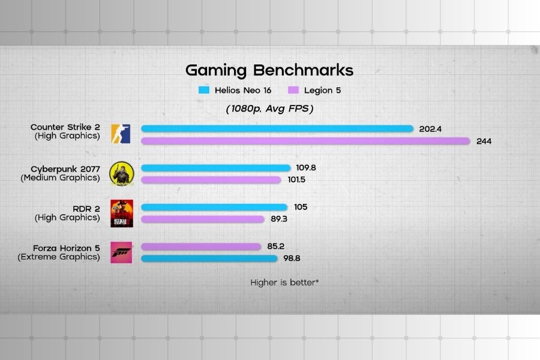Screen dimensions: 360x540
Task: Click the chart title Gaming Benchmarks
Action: (269, 70)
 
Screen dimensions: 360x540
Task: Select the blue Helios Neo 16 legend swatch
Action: (204, 91)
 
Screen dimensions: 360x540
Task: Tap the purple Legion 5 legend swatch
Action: (293, 91)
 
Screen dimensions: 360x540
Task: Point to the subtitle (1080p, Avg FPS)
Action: (269, 109)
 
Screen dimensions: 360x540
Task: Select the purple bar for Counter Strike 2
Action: (305, 141)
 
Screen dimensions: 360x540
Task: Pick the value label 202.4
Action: (431, 128)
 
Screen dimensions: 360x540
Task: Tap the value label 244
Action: (484, 142)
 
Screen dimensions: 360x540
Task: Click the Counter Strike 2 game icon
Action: (121, 134)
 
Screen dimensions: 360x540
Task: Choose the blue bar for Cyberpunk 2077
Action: (216, 168)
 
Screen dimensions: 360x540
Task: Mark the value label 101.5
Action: (296, 180)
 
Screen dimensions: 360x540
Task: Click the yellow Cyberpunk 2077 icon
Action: (121, 173)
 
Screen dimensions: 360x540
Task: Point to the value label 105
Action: (301, 207)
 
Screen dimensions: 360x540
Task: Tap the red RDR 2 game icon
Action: (121, 212)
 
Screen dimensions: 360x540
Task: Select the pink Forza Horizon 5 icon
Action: (121, 252)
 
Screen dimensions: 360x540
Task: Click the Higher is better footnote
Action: (284, 281)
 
